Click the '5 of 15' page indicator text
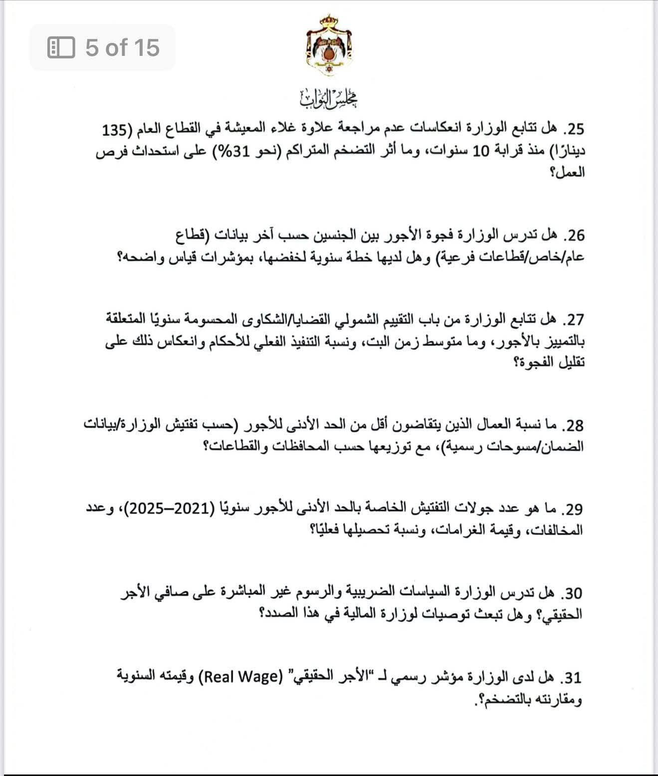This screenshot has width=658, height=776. tap(122, 48)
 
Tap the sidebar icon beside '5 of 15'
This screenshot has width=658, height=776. tap(61, 48)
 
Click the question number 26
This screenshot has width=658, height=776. tap(573, 235)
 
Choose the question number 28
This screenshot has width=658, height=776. tap(573, 425)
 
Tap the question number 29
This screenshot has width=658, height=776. tap(573, 509)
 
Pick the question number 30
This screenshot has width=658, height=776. tap(573, 593)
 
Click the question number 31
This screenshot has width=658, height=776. tap(573, 678)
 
